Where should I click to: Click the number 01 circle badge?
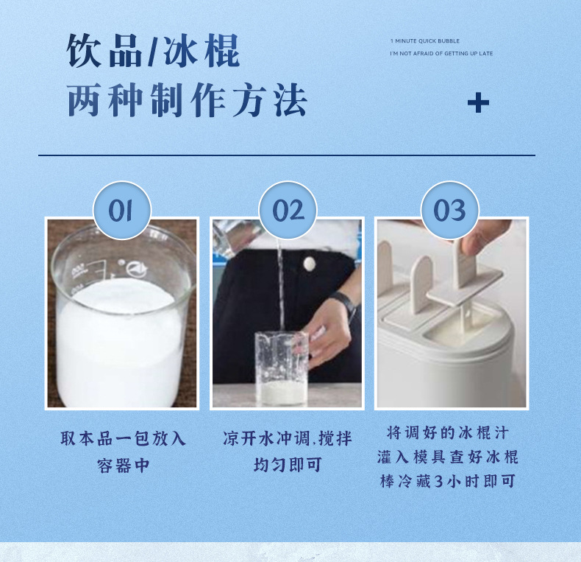pyautogui.click(x=122, y=210)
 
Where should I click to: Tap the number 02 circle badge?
pyautogui.click(x=288, y=210)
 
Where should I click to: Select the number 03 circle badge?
pyautogui.click(x=450, y=210)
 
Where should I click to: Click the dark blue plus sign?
pyautogui.click(x=478, y=103)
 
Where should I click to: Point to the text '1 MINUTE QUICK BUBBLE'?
pyautogui.click(x=424, y=41)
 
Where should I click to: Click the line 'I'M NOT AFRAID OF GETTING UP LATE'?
pyautogui.click(x=441, y=54)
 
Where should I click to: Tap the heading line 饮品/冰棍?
pyautogui.click(x=154, y=51)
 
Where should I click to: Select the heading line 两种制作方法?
pyautogui.click(x=187, y=100)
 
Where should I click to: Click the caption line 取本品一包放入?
pyautogui.click(x=123, y=438)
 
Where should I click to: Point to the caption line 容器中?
pyautogui.click(x=123, y=465)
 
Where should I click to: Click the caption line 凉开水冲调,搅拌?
pyautogui.click(x=287, y=438)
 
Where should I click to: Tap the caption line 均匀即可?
pyautogui.click(x=288, y=464)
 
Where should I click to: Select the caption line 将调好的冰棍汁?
pyautogui.click(x=448, y=433)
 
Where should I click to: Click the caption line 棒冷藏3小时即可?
pyautogui.click(x=448, y=481)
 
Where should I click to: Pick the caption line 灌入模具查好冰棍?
pyautogui.click(x=448, y=457)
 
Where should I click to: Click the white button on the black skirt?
pyautogui.click(x=310, y=264)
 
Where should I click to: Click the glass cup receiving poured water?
pyautogui.click(x=282, y=368)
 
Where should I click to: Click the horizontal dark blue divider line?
pyautogui.click(x=287, y=155)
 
